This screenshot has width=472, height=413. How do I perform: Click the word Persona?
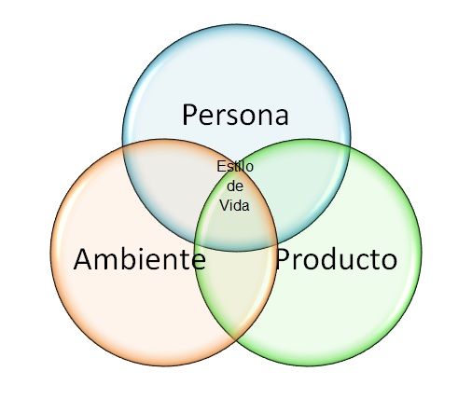[x=235, y=116]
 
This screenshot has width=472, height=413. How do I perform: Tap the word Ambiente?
[x=140, y=258]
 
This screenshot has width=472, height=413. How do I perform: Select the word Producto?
[x=337, y=259]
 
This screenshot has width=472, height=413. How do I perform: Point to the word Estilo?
[x=235, y=166]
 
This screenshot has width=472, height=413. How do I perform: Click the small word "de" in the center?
[x=235, y=186]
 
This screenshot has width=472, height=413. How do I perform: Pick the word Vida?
[x=234, y=205]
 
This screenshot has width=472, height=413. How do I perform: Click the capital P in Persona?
[x=189, y=115]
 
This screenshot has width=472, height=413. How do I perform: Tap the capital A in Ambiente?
[x=83, y=259]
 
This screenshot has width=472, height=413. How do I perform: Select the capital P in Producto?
[x=283, y=259]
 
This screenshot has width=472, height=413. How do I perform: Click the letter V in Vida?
[x=225, y=205]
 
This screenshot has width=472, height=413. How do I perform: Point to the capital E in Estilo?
[x=221, y=166]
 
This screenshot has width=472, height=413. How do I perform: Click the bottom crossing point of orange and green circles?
[x=235, y=338]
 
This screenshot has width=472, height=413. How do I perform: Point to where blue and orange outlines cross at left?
[x=123, y=146]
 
